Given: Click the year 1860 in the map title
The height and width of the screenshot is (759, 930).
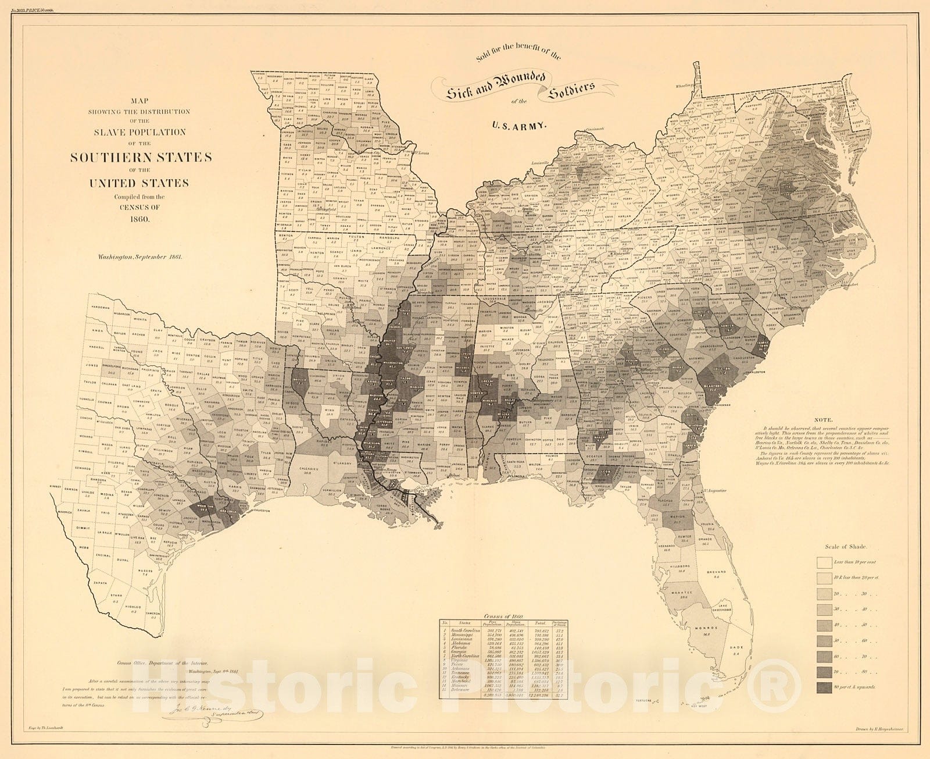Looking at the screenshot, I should click(x=139, y=219).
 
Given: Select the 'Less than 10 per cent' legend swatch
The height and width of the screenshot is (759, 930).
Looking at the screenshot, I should click(x=825, y=563).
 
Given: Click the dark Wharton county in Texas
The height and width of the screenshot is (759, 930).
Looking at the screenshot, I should click(x=206, y=506).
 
